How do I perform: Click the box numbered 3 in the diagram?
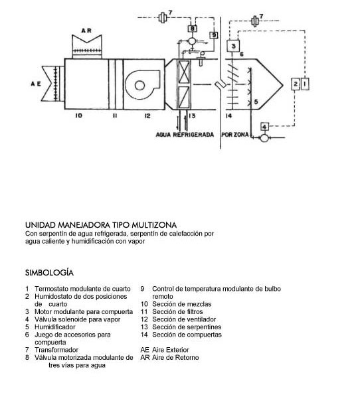(233, 46)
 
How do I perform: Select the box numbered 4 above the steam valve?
(265, 127)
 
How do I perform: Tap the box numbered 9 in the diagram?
(214, 35)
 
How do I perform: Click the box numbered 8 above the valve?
(192, 29)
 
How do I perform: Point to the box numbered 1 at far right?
(306, 84)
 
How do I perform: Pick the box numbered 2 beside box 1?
(296, 84)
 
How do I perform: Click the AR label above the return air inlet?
(86, 31)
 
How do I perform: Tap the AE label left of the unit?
(36, 84)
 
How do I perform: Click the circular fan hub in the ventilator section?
(139, 86)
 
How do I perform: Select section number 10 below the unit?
(78, 116)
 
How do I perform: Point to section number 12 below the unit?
(147, 116)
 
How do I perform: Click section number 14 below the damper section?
(229, 116)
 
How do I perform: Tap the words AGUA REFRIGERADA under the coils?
(185, 135)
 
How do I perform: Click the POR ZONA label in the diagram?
(235, 134)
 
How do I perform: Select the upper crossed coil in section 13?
(184, 72)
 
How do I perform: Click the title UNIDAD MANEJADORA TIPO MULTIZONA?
(101, 225)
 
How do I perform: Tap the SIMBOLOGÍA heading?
(49, 273)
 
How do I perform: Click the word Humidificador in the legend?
(55, 327)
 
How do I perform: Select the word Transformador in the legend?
(56, 350)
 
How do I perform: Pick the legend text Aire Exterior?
(171, 350)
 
